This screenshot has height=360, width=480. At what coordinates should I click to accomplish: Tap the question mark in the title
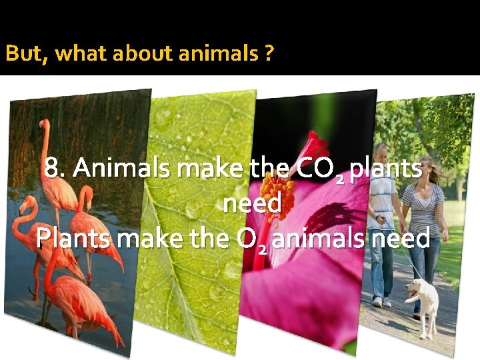tap(267, 53)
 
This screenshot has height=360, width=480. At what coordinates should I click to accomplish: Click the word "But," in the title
tap(27, 53)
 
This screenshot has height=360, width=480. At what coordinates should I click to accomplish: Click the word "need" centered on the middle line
tap(253, 203)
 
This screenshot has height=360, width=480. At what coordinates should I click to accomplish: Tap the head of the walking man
tap(381, 152)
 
